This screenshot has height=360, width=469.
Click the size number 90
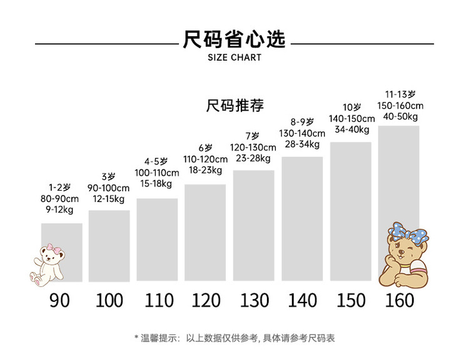coord(60,300)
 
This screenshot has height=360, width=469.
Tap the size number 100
coord(109,300)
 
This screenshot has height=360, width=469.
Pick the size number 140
coord(303,300)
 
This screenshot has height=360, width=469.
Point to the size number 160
coord(400,300)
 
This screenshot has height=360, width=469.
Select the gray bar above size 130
coord(253,226)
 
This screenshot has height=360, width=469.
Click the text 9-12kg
coord(61,211)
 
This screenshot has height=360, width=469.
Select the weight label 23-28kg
coord(253,158)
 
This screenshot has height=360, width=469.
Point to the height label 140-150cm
coord(351,119)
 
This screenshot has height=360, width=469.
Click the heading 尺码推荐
coord(234,106)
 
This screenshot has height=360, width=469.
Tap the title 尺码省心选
coord(234,39)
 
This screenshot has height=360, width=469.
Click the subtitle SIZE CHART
coord(234,57)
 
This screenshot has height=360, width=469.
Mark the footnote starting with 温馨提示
coord(234,338)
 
